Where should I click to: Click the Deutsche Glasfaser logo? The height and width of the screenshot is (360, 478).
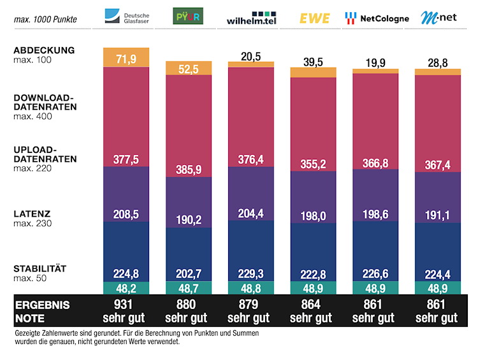pyautogui.click(x=126, y=17)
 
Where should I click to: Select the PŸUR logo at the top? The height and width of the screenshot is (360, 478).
pyautogui.click(x=188, y=16)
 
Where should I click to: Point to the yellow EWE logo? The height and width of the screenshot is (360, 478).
pyautogui.click(x=315, y=18)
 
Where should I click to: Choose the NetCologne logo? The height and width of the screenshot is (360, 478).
pyautogui.click(x=377, y=18)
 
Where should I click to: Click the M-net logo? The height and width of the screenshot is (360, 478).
pyautogui.click(x=438, y=17)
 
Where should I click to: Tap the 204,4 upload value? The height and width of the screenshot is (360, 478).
pyautogui.click(x=250, y=214)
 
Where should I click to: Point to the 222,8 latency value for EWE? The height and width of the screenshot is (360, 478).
pyautogui.click(x=314, y=274)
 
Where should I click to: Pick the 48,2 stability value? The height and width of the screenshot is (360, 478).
pyautogui.click(x=126, y=288)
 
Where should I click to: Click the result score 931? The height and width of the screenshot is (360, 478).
pyautogui.click(x=126, y=305)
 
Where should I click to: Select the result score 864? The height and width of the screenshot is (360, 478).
pyautogui.click(x=314, y=305)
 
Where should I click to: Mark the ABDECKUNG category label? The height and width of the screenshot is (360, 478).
pyautogui.click(x=44, y=50)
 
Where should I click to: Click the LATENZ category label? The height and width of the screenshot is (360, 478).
pyautogui.click(x=31, y=214)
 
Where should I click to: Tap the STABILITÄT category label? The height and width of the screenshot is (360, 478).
pyautogui.click(x=40, y=268)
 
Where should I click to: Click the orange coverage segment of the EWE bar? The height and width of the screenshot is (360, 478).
pyautogui.click(x=314, y=71)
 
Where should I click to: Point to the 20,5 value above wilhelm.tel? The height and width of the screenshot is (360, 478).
pyautogui.click(x=250, y=56)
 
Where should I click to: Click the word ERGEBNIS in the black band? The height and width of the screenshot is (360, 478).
pyautogui.click(x=43, y=305)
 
